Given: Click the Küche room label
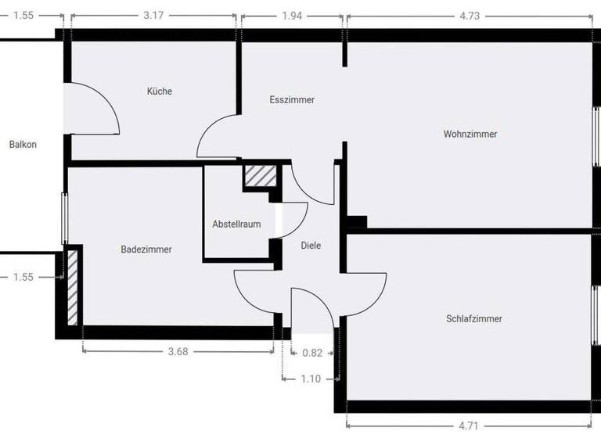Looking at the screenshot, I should [x=160, y=92].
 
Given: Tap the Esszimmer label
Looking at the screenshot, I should [x=292, y=100].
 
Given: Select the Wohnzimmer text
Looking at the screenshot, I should [x=470, y=135].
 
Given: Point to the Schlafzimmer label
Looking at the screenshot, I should [x=474, y=319].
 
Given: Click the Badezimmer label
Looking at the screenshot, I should [x=146, y=250].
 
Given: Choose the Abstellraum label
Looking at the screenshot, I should [x=236, y=224].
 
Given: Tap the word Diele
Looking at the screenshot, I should [x=311, y=246].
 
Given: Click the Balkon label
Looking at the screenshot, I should [x=23, y=145].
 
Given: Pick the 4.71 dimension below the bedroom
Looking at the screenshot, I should [x=468, y=426].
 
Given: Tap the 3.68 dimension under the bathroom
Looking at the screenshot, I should [x=178, y=352].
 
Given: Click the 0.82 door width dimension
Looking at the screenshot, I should [x=312, y=353].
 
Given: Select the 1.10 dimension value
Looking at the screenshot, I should [x=311, y=379].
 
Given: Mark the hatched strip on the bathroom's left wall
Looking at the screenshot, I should [x=72, y=286].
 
